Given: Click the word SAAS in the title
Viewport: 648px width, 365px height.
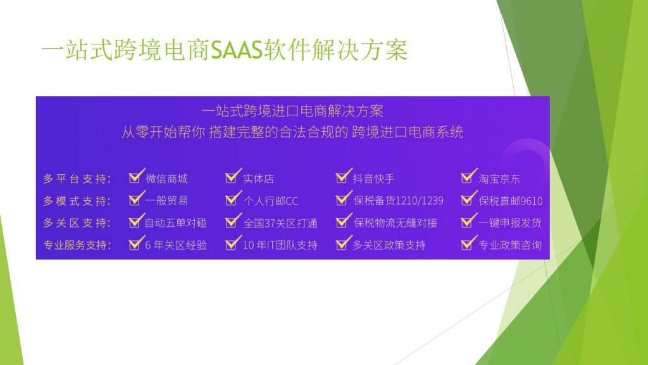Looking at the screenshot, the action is click(237, 51).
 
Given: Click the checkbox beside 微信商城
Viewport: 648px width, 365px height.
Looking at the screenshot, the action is click(136, 176).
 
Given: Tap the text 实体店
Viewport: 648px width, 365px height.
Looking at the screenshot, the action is click(258, 179).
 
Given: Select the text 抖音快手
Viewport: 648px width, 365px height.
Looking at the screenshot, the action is click(373, 179).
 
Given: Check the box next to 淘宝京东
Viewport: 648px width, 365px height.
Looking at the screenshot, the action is click(468, 176).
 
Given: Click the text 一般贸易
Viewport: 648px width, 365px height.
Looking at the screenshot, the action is click(166, 201).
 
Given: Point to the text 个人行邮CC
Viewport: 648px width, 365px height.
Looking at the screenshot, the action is click(271, 201).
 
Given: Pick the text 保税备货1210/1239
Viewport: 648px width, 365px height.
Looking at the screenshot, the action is click(398, 201).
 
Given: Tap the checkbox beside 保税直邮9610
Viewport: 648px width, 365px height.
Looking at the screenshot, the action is click(468, 198).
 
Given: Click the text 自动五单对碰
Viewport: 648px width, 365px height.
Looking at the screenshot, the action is click(176, 223).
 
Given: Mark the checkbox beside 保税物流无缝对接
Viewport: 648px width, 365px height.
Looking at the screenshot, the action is click(343, 220).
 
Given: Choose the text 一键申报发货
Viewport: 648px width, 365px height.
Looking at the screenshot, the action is click(510, 223).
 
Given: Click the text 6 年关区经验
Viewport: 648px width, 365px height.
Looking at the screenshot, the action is click(176, 245).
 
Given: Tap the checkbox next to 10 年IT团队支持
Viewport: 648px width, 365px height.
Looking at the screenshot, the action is click(233, 243).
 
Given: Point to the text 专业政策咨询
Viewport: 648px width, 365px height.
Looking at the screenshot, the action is click(510, 245).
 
